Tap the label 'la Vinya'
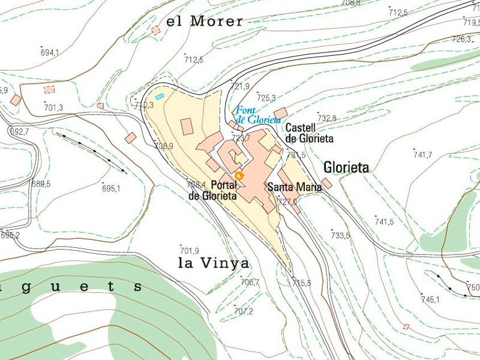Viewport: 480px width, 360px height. click(214, 263)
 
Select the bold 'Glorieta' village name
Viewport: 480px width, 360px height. click(346, 167)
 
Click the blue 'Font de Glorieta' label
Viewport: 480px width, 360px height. click(258, 115)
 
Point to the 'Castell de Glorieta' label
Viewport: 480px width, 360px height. click(309, 133)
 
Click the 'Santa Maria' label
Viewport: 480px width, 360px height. click(294, 187)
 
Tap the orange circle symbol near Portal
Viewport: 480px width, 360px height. click(239, 175)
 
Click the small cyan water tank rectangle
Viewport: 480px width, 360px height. click(160, 96)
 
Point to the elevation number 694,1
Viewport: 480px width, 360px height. click(50, 53)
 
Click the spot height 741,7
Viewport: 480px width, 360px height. click(422, 155)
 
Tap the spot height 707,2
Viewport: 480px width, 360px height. click(243, 311)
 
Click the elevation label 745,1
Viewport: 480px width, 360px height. click(430, 299)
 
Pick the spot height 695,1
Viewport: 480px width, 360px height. click(111, 188)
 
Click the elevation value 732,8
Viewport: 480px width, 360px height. click(326, 118)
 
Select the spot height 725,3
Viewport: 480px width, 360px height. click(266, 98)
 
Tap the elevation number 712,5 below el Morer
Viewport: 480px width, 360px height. click(194, 60)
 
